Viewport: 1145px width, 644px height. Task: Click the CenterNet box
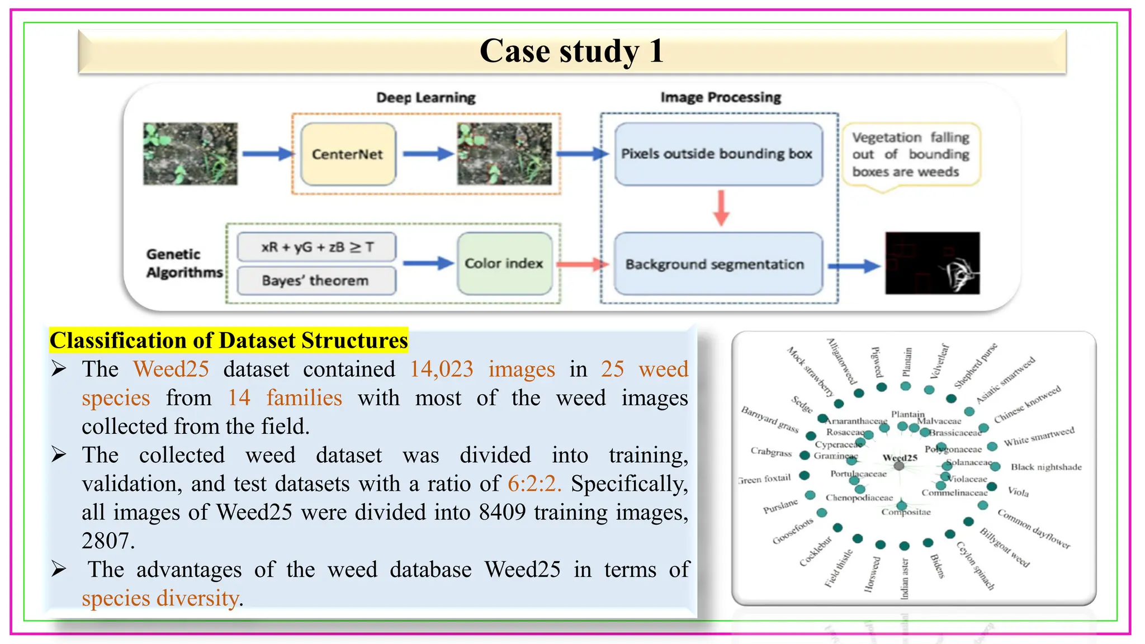tap(348, 154)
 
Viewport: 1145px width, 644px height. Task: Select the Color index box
tap(504, 263)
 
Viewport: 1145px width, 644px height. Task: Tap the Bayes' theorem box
tap(316, 281)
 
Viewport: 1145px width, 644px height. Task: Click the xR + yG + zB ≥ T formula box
tap(317, 247)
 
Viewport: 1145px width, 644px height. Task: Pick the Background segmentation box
tap(718, 264)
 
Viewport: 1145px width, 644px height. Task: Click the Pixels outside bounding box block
tap(718, 154)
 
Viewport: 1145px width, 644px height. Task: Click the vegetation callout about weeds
tap(911, 155)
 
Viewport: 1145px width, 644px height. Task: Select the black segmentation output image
tap(932, 263)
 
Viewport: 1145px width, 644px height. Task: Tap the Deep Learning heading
tap(425, 97)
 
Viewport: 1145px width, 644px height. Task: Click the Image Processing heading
tap(720, 97)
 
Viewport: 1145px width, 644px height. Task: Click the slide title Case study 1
tap(572, 51)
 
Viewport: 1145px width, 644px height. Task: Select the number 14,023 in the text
tap(442, 370)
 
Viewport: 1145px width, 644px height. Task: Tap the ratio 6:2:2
tap(534, 484)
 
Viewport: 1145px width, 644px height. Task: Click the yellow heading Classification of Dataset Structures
tap(229, 340)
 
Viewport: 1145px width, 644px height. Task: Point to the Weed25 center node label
tap(900, 458)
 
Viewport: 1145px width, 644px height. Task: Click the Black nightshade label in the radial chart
tap(1045, 467)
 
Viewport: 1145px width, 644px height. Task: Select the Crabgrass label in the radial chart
tap(771, 452)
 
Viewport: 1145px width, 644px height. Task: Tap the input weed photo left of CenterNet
tap(190, 154)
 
